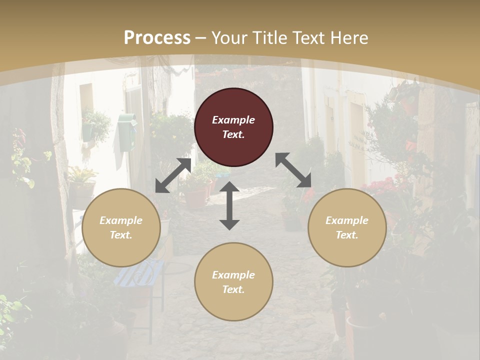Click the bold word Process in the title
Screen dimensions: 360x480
157,38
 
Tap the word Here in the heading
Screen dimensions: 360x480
349,38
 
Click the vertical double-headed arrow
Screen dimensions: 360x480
229,205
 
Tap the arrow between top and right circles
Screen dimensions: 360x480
293,170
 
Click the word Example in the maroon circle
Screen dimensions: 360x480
233,120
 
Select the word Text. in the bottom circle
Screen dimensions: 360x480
233,289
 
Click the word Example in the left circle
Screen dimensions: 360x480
121,220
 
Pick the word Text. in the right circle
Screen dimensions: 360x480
347,235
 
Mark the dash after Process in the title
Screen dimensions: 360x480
201,38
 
